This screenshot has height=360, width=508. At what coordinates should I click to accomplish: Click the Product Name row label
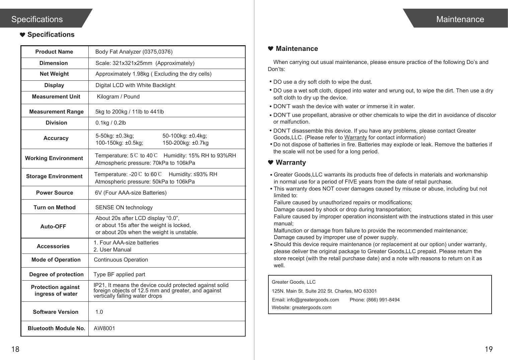click(x=54, y=52)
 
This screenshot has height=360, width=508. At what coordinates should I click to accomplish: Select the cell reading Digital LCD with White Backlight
click(x=135, y=85)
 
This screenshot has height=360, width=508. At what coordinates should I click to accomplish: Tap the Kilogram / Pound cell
click(x=118, y=96)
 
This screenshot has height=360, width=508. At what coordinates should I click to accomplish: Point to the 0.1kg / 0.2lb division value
click(x=111, y=123)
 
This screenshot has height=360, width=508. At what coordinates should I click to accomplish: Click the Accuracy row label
click(x=56, y=138)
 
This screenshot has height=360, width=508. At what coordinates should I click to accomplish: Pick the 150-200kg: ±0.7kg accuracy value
click(x=185, y=143)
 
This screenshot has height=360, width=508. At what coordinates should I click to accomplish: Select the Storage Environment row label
click(x=54, y=176)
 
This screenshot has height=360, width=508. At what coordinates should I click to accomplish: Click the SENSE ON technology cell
click(x=124, y=207)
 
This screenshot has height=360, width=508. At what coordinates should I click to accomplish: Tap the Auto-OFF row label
click(x=53, y=226)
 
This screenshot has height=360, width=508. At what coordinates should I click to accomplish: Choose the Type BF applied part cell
click(x=119, y=274)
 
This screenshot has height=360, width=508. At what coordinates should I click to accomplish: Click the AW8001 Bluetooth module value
click(x=104, y=328)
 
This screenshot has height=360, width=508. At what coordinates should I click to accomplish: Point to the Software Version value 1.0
click(x=99, y=312)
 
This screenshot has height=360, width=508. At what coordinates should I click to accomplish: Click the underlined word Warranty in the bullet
click(x=355, y=137)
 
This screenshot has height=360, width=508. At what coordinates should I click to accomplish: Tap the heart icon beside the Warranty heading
click(x=271, y=162)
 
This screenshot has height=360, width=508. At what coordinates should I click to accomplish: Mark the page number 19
click(x=489, y=349)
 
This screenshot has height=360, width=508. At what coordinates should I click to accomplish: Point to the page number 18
click(x=15, y=349)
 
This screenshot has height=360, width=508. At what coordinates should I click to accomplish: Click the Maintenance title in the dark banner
click(x=460, y=19)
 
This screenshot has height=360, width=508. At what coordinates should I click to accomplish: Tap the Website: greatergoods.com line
click(x=302, y=307)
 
